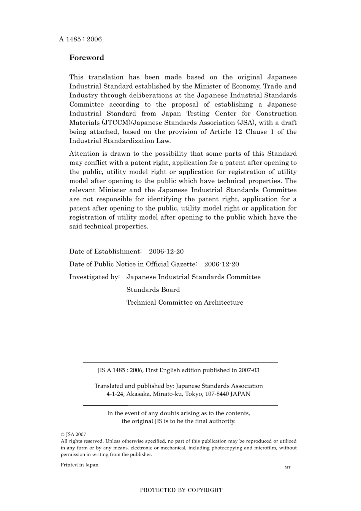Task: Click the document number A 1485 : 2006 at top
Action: [x=80, y=39]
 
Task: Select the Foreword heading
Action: [x=86, y=58]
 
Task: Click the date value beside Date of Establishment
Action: [x=166, y=252]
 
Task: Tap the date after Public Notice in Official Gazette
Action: [x=222, y=264]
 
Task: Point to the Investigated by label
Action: [x=94, y=277]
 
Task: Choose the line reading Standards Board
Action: [x=153, y=290]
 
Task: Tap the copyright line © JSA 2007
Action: [x=73, y=434]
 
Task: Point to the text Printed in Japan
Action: [x=79, y=465]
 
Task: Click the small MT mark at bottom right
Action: [x=287, y=467]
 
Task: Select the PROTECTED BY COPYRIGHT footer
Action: [x=181, y=490]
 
